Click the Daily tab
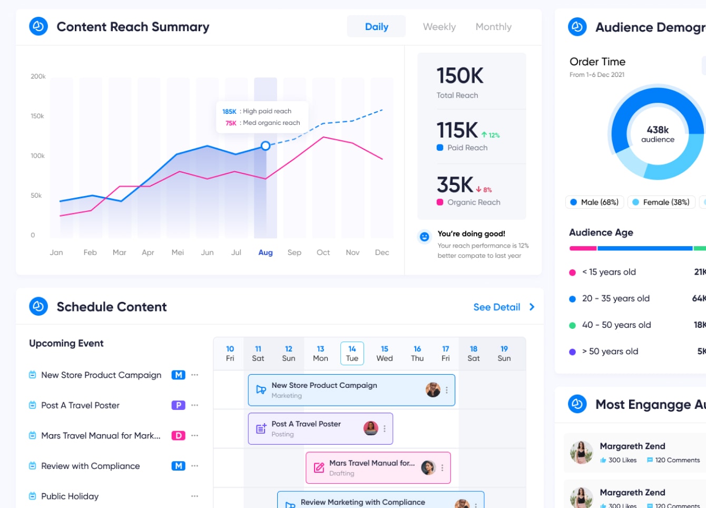coord(376,26)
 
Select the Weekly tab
coord(439,26)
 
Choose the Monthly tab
coord(493,26)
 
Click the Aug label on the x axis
coord(266,252)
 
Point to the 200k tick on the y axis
coord(38,76)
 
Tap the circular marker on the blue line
coord(266,145)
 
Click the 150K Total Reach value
coord(460,76)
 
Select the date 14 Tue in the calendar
coord(352,353)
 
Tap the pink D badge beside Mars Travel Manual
coord(178,435)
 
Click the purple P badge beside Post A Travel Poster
coord(178,405)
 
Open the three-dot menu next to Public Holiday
coord(194,496)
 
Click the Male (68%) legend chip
coord(594,202)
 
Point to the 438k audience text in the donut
coord(658,134)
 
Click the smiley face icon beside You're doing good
coord(425,237)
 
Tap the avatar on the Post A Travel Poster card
coord(371,428)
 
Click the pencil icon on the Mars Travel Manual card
coord(319,467)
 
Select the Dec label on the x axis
coord(382,252)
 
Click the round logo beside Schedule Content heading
coord(38,306)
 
